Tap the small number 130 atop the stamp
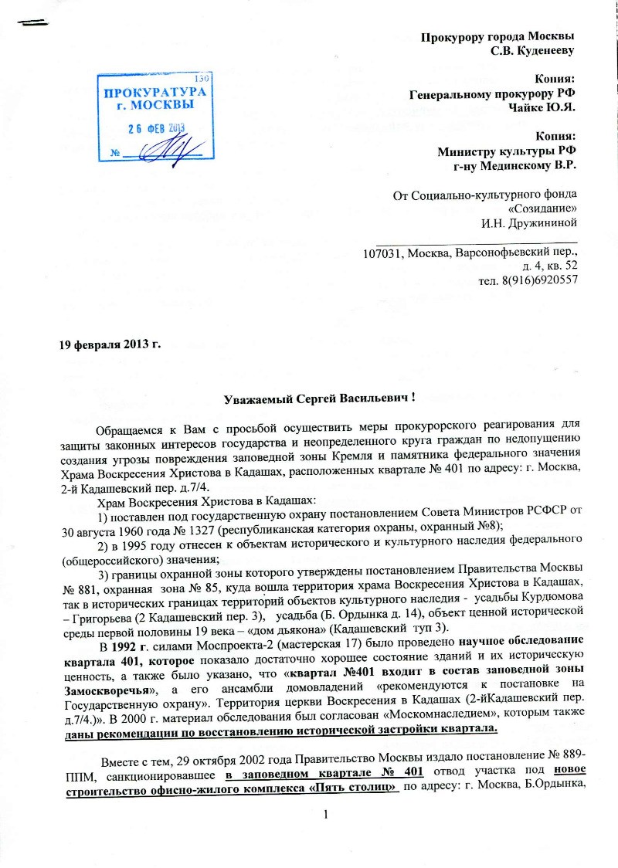pos(202,77)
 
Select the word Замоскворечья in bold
pos(98,685)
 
